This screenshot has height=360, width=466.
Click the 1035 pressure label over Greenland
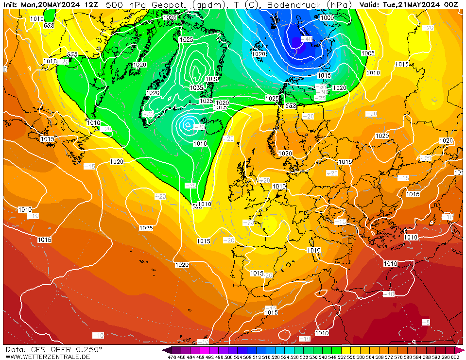[x=196, y=88]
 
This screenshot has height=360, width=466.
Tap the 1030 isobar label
[x=212, y=79]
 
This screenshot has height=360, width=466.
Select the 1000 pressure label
[x=328, y=17]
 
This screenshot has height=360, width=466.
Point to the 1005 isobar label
[x=368, y=53]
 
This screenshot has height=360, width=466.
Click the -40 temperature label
[x=307, y=39]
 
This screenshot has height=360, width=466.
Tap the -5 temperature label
[x=426, y=322]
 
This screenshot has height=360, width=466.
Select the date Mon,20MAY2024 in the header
[x=51, y=5]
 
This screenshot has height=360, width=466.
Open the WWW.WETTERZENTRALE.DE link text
[x=48, y=357]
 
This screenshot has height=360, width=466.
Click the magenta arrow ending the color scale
[x=462, y=350]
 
